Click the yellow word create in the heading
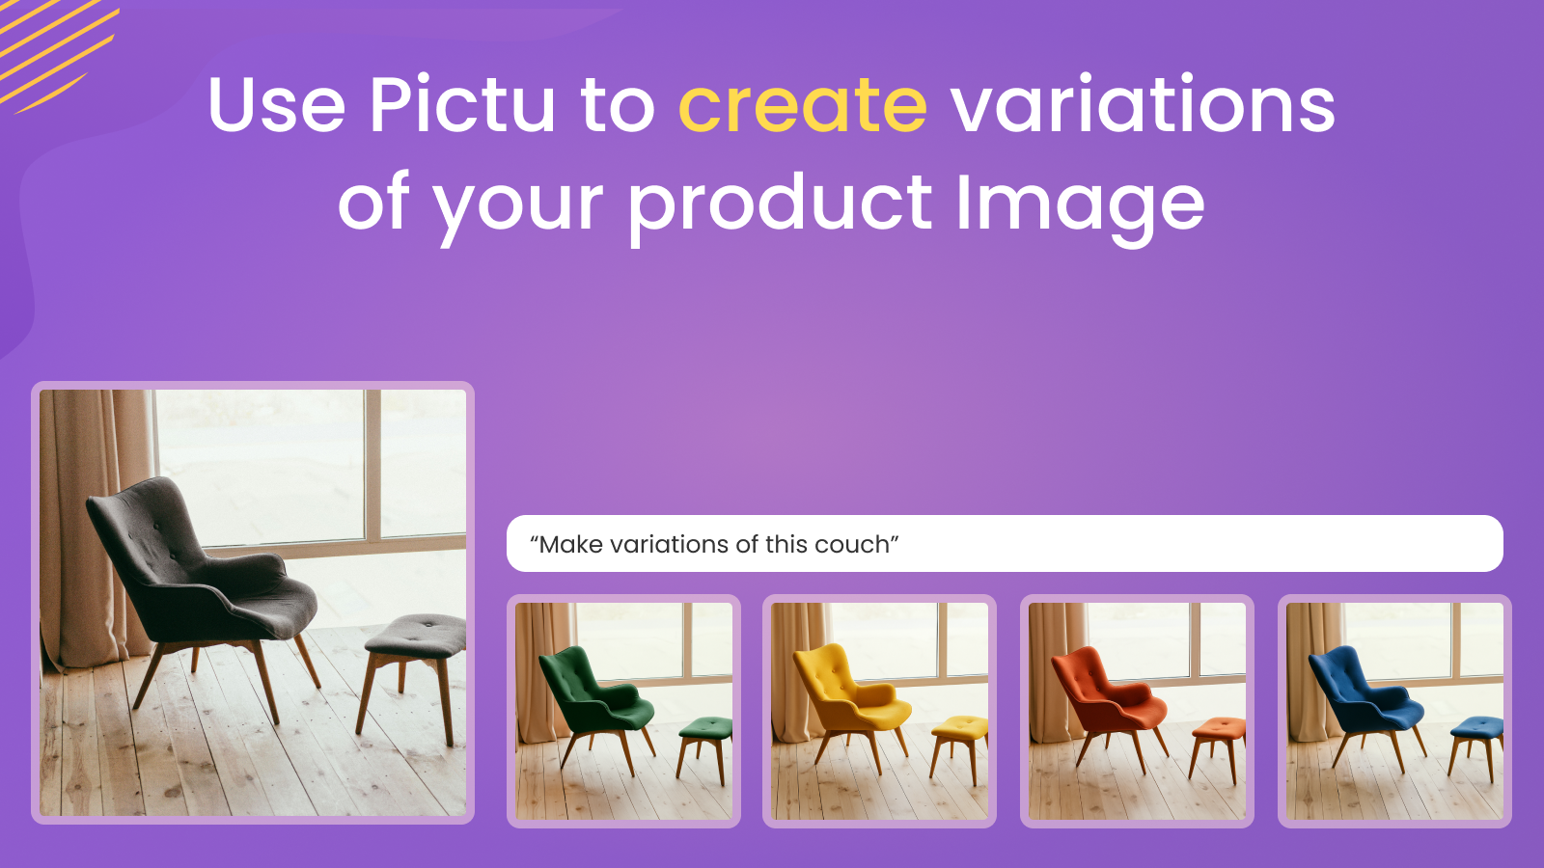pyautogui.click(x=803, y=105)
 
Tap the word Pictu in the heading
pyautogui.click(x=462, y=103)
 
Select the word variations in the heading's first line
pyautogui.click(x=1143, y=103)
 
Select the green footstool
pyautogui.click(x=705, y=747)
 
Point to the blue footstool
pyautogui.click(x=1476, y=746)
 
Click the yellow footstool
pyautogui.click(x=959, y=747)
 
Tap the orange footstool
pyautogui.click(x=1218, y=747)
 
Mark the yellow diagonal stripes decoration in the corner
pyautogui.click(x=55, y=52)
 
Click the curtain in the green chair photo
pyautogui.click(x=543, y=671)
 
